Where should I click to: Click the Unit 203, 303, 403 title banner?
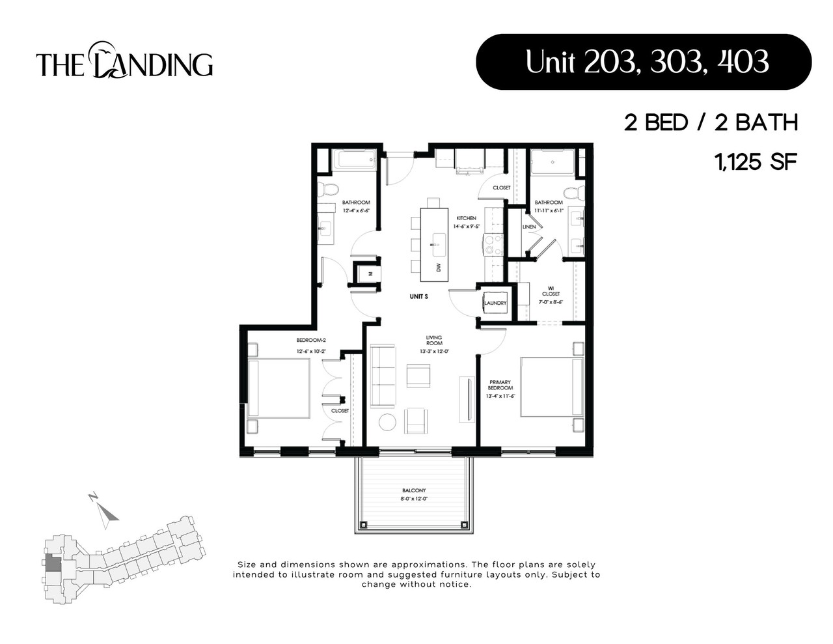coord(644,62)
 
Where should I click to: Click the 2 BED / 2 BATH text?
coord(711,122)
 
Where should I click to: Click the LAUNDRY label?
coord(495,303)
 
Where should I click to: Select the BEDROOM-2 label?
coord(310,341)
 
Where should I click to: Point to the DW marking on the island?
coord(439,267)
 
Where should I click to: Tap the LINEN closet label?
coord(529,227)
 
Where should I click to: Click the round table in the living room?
coord(387,422)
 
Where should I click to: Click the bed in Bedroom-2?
coord(279,388)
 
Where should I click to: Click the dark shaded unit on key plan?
coord(51,565)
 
